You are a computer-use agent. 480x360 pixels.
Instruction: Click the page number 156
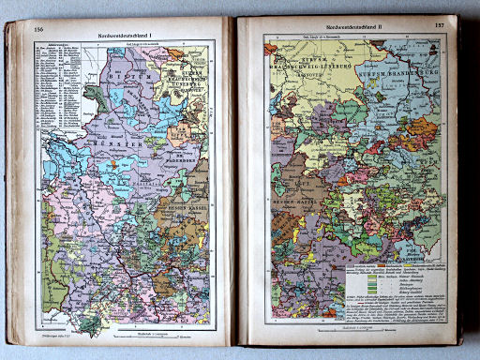[38, 30]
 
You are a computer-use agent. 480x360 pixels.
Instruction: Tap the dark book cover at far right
[466, 187]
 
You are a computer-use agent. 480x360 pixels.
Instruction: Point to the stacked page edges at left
[10, 187]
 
